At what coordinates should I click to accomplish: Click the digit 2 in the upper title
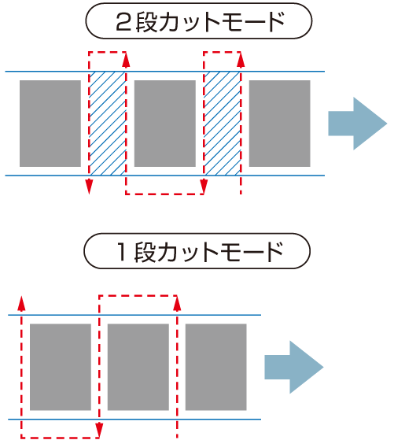[123, 22]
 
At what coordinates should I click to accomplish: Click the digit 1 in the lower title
[122, 251]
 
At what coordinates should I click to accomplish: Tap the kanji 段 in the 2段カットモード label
[146, 22]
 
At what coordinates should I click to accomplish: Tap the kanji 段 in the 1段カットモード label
[145, 252]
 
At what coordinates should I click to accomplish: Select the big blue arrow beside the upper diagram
[358, 124]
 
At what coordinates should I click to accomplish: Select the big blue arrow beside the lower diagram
[294, 367]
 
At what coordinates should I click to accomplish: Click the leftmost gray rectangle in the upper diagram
[50, 124]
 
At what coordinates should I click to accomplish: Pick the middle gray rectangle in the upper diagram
[165, 124]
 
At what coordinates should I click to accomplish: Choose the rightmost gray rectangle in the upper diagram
[280, 124]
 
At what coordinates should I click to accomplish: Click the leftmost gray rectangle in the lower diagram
[61, 367]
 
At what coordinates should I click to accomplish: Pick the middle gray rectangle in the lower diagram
[138, 367]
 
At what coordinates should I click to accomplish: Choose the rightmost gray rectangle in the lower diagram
[216, 367]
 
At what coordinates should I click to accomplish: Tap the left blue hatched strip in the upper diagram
[108, 124]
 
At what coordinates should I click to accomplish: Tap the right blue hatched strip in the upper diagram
[222, 124]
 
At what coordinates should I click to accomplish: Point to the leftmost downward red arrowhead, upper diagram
[89, 186]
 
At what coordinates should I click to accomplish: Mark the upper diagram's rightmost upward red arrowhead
[241, 60]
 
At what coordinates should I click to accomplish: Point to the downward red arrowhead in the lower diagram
[99, 430]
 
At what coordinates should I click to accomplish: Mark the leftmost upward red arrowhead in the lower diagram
[21, 303]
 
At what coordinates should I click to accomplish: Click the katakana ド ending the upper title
[277, 22]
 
